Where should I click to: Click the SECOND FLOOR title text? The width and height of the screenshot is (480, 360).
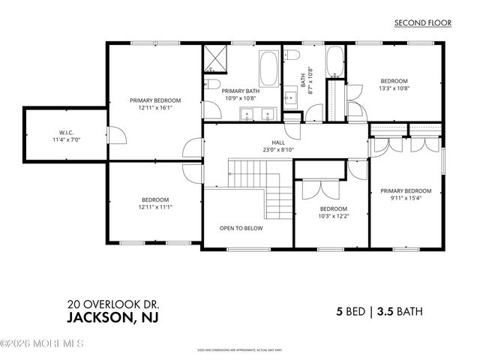423,23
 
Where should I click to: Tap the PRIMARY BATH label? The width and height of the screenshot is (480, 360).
240,90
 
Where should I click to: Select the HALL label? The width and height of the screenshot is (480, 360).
278,141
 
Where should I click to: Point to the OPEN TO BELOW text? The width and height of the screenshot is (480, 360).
241,228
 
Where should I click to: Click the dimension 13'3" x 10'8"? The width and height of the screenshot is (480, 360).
394,88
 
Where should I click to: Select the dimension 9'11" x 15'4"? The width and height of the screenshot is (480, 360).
406,198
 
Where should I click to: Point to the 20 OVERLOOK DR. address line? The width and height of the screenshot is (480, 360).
112,304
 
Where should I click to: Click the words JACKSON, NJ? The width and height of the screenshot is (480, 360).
113,318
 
